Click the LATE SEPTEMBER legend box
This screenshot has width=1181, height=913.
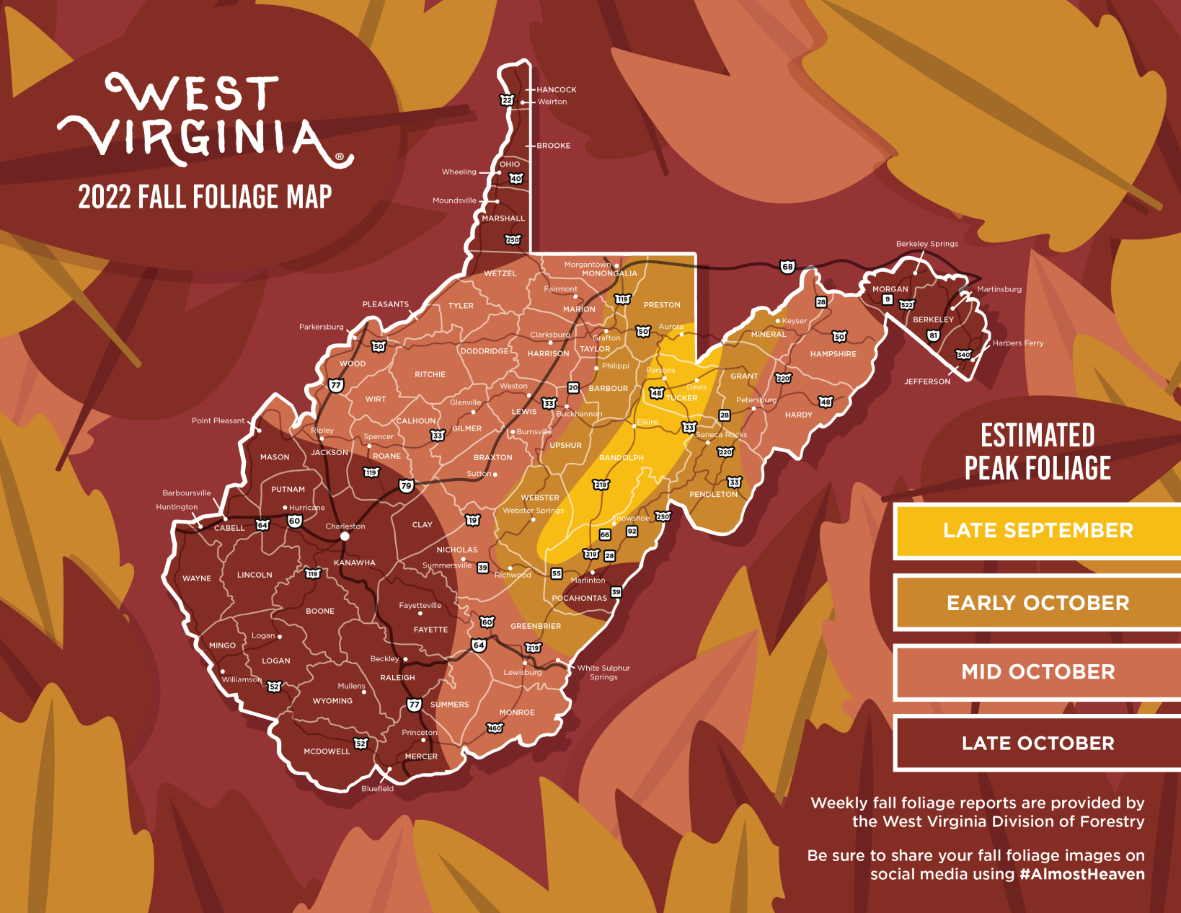[1038, 531]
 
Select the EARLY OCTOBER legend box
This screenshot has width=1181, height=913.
[1038, 603]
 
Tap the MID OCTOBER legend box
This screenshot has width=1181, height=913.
[1038, 672]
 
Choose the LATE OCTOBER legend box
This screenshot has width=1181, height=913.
[1038, 744]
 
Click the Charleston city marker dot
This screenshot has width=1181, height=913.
[345, 536]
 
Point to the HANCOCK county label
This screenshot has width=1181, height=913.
[556, 90]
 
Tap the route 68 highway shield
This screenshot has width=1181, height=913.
[787, 267]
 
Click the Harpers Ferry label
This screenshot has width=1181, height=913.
[1017, 343]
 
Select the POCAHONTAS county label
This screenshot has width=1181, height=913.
[579, 598]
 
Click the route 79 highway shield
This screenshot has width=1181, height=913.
[406, 485]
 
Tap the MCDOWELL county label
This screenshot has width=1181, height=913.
[327, 751]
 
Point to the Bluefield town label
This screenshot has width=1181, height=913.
[377, 789]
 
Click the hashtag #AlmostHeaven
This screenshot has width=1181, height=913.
[1082, 874]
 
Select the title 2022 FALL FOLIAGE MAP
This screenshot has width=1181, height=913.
[205, 197]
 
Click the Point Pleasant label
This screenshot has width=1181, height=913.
[218, 420]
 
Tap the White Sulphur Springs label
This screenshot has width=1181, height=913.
[603, 672]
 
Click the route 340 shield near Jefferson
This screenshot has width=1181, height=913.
[963, 354]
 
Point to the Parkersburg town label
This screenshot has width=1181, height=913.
[321, 327]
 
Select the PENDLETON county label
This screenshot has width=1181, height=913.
[713, 495]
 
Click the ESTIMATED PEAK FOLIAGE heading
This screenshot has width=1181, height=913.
[1038, 452]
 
